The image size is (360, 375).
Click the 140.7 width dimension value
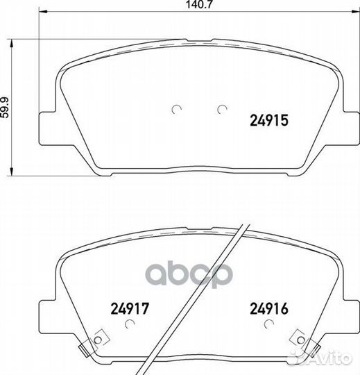pyautogui.click(x=199, y=5)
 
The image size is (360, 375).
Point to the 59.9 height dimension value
pyautogui.click(x=5, y=107)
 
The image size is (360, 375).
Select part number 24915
pyautogui.click(x=269, y=120)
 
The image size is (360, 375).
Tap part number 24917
pyautogui.click(x=130, y=308)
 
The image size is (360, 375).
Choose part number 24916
pyautogui.click(x=269, y=308)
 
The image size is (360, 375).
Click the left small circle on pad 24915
pyautogui.click(x=177, y=109)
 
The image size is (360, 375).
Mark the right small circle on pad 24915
pyautogui.click(x=222, y=109)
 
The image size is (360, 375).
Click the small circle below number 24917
pyautogui.click(x=130, y=324)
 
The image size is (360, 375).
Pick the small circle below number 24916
pyautogui.click(x=269, y=324)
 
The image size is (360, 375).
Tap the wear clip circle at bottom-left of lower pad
pyautogui.click(x=98, y=340)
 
